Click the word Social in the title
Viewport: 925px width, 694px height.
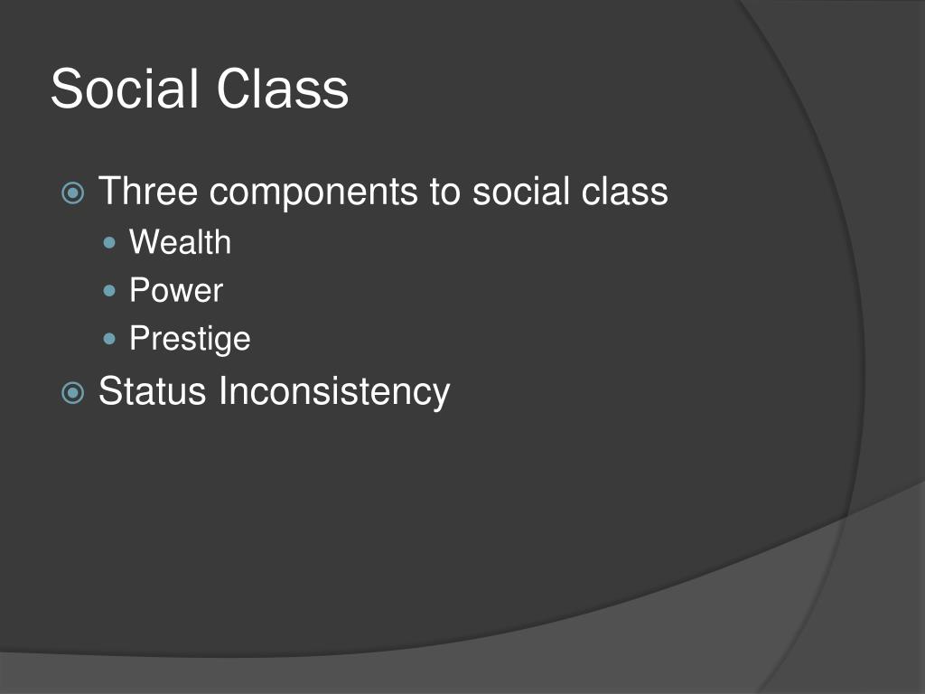coord(126,89)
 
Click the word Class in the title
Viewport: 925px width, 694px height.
coord(283,89)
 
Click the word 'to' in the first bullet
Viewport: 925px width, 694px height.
coord(445,192)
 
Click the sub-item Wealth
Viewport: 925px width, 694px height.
coord(180,242)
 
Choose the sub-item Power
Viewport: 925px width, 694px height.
coord(175,290)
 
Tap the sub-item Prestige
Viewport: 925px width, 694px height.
coord(190,339)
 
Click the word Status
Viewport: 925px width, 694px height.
coord(153,391)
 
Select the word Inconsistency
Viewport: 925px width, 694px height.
coord(333,392)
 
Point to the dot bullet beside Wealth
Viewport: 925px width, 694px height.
coord(111,243)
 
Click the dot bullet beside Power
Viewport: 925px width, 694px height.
coord(111,291)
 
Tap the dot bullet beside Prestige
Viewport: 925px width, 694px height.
coord(111,339)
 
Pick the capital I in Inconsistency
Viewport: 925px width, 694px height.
coord(223,390)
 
